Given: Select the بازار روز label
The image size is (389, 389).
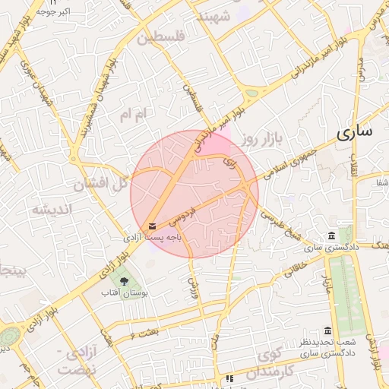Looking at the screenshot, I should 262,139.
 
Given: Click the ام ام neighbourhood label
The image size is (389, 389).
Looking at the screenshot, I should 136,114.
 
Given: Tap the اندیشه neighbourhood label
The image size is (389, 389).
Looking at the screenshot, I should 51,209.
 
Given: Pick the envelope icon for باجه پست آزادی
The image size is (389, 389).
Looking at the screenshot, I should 153,226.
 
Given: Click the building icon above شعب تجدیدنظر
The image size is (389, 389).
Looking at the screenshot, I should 327,331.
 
